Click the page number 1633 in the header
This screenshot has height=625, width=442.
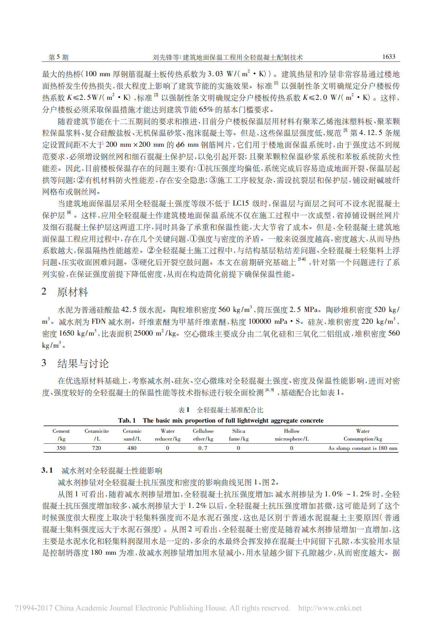pyautogui.click(x=388, y=57)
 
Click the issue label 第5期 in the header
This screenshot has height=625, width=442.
pyautogui.click(x=58, y=57)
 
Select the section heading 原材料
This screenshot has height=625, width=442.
pyautogui.click(x=72, y=292)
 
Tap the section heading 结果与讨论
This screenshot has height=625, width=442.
pyautogui.click(x=83, y=363)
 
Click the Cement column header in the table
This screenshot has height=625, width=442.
pyautogui.click(x=61, y=435)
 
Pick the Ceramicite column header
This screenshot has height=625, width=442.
pyautogui.click(x=97, y=435)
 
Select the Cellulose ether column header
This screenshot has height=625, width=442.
pyautogui.click(x=203, y=435)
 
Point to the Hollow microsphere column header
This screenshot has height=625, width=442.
pyautogui.click(x=291, y=435)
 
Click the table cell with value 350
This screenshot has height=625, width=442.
pyautogui.click(x=61, y=448)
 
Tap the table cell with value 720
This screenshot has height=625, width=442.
pyautogui.click(x=96, y=448)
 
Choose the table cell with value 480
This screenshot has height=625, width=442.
pyautogui.click(x=132, y=448)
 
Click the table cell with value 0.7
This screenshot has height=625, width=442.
pyautogui.click(x=203, y=448)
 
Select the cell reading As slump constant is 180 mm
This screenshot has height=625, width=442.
pyautogui.click(x=363, y=448)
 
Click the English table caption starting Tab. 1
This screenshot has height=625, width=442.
pyautogui.click(x=221, y=420)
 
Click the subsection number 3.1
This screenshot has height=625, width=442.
pyautogui.click(x=47, y=470)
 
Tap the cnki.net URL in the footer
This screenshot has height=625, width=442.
pyautogui.click(x=330, y=608)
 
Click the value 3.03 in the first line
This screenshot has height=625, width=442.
pyautogui.click(x=215, y=74)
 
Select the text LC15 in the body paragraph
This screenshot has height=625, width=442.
pyautogui.click(x=240, y=204)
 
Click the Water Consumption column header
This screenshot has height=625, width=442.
pyautogui.click(x=363, y=435)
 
